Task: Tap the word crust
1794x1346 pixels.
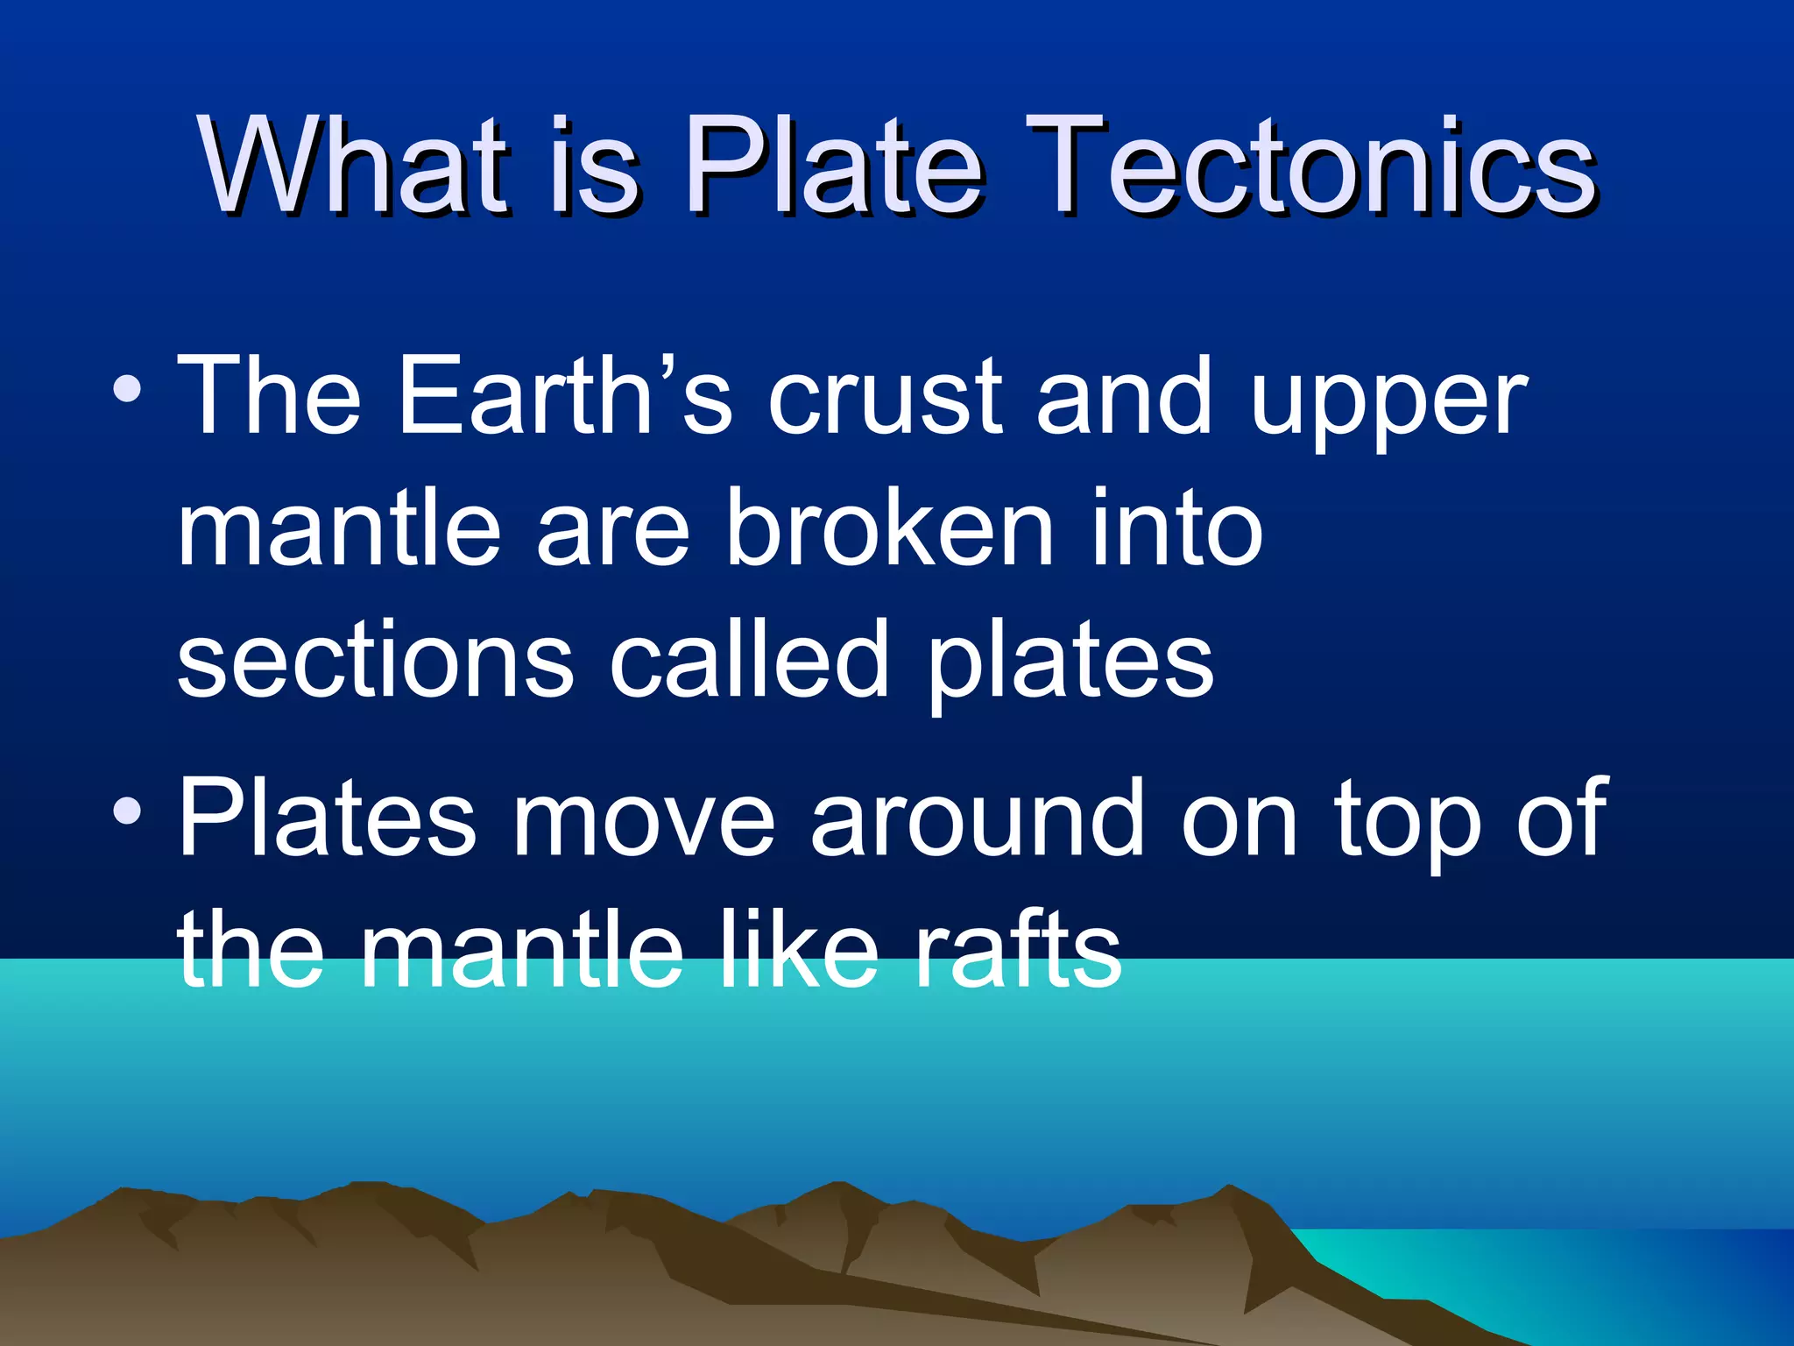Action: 885,399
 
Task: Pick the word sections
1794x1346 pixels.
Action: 376,662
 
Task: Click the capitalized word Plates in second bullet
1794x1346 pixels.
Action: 328,818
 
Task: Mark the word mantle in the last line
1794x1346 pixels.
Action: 522,950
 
